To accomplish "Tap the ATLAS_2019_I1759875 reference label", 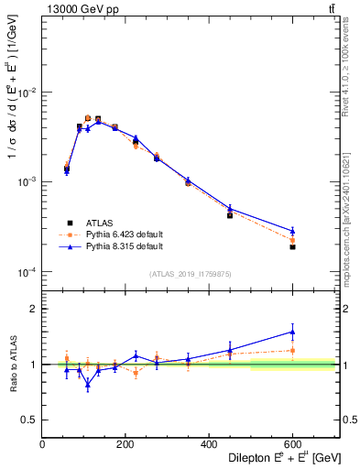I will [x=191, y=274].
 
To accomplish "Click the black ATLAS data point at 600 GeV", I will [x=292, y=247].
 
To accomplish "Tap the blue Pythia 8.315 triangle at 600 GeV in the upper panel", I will [x=292, y=231].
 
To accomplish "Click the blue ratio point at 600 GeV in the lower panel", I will [x=292, y=332].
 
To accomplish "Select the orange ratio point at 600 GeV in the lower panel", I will [x=292, y=350].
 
